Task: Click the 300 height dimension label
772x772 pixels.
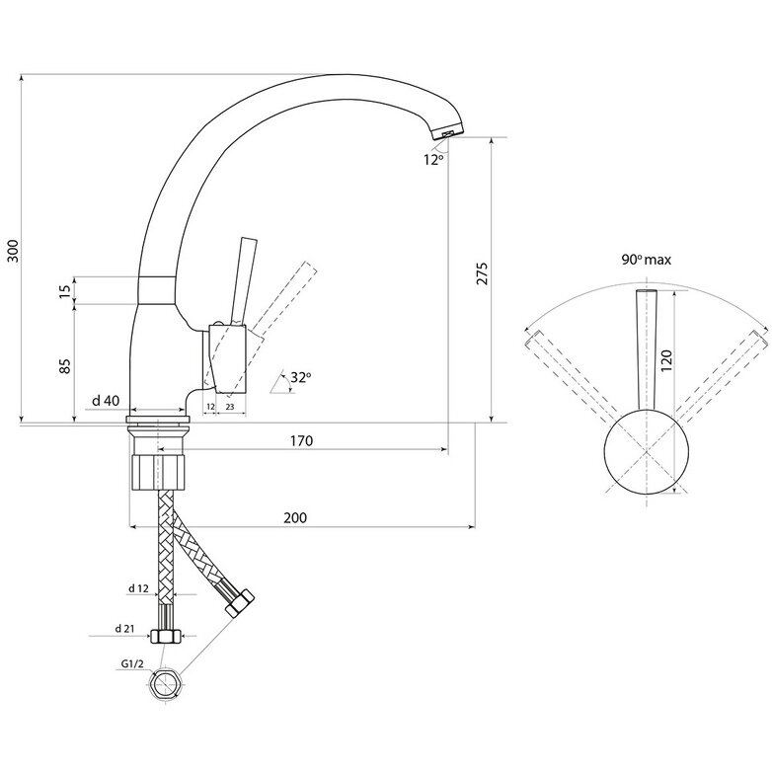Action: point(13,252)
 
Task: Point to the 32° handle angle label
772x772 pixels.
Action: point(300,376)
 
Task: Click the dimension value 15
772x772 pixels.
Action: point(65,291)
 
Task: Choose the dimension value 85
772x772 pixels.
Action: point(65,364)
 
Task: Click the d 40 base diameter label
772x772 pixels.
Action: point(106,400)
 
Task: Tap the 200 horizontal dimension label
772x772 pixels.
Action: point(294,517)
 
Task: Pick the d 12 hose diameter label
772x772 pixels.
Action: point(137,588)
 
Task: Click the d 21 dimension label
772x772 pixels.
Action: point(124,629)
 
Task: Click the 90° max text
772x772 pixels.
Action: point(647,260)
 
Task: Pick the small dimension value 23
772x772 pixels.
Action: point(229,406)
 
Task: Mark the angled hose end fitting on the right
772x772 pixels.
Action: point(239,601)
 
